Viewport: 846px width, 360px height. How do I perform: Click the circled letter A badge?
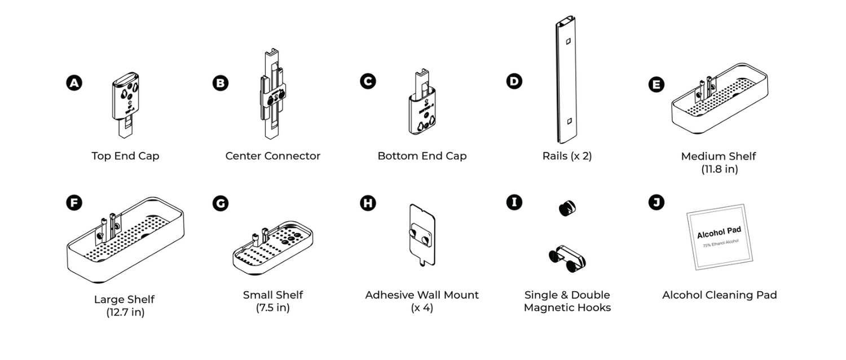[74, 83]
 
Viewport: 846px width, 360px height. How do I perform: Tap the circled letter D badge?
[514, 81]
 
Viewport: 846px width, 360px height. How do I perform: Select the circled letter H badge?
[368, 203]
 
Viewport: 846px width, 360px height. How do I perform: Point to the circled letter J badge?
[656, 203]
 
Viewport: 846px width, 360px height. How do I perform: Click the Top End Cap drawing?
[126, 103]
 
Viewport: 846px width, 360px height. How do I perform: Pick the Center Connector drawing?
[273, 96]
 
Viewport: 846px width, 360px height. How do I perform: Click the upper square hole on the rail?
[568, 41]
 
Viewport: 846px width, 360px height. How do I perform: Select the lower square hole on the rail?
[569, 120]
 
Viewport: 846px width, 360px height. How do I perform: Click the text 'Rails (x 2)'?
[567, 156]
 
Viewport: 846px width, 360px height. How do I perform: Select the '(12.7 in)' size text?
[125, 313]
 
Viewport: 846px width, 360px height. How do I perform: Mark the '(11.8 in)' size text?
[719, 169]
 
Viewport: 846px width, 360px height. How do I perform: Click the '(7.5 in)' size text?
[273, 308]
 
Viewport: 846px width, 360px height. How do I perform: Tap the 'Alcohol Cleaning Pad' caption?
[719, 295]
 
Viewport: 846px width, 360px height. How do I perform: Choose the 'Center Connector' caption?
[273, 156]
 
